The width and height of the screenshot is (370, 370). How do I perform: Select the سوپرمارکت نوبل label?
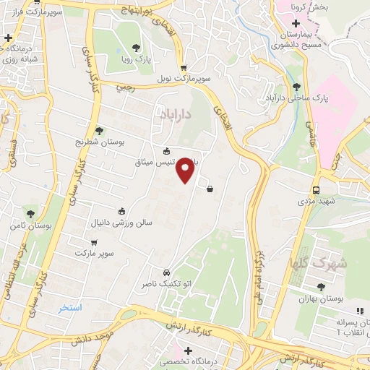(186, 77)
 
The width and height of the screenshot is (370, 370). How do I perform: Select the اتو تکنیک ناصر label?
(166, 285)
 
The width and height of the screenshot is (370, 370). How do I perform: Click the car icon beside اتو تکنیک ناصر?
(166, 273)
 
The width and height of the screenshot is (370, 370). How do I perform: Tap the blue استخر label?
(71, 308)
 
